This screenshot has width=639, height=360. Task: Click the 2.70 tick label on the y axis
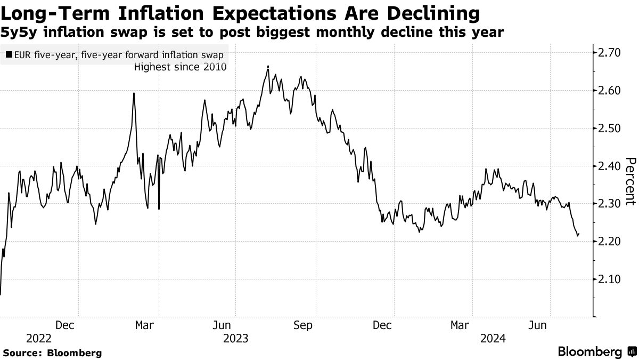point(610,52)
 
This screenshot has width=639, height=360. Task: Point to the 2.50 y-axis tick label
point(610,128)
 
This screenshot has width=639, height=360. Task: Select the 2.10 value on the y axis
point(610,279)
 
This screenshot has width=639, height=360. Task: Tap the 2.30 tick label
point(610,204)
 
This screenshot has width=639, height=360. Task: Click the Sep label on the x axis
point(302,325)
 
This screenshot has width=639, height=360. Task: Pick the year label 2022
point(38,338)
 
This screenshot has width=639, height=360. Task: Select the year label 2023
point(236,338)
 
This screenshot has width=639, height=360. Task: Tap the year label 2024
point(493,338)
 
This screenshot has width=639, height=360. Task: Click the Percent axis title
point(630,181)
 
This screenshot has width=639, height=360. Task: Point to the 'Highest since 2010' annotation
point(181,67)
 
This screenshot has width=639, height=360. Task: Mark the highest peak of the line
point(268,66)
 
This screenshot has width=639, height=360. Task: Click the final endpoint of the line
point(579,233)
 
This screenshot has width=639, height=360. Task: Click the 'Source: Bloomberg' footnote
point(52,353)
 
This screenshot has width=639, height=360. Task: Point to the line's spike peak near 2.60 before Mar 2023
point(134,93)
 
